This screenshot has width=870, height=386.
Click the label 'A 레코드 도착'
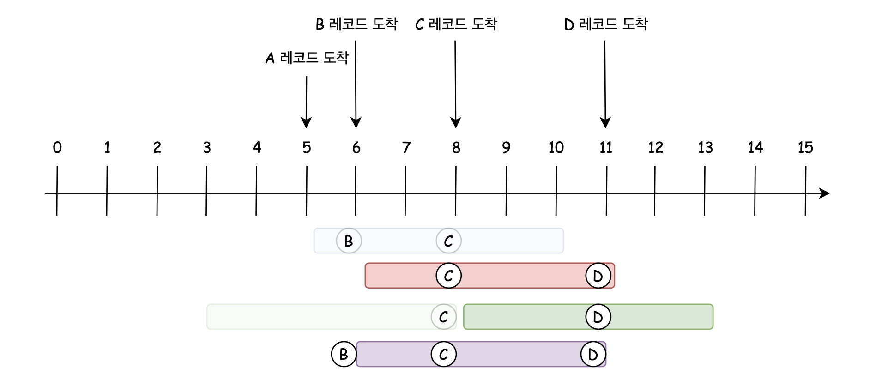tap(307, 58)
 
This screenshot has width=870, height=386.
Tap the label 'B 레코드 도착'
tap(356, 24)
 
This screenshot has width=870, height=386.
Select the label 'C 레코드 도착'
tap(456, 24)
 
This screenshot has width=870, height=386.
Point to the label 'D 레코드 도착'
tap(606, 24)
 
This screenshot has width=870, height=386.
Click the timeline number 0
tap(57, 148)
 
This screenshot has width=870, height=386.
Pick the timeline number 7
tap(406, 148)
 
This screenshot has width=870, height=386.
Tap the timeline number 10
tap(556, 148)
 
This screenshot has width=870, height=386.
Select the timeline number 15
tap(805, 148)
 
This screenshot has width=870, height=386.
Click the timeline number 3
tap(207, 148)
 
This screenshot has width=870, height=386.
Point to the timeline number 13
tap(705, 148)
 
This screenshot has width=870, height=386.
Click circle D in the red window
tap(598, 276)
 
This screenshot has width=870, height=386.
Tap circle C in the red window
tap(448, 276)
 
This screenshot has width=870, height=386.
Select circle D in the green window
tap(598, 317)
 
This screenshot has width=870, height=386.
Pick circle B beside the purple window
tap(344, 354)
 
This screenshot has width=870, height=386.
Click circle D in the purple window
tap(593, 354)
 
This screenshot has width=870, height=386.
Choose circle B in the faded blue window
tap(349, 241)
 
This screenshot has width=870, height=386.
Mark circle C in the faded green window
tap(443, 317)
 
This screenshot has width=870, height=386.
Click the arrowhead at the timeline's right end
tap(824, 193)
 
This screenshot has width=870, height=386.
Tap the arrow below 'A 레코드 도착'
tap(306, 102)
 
